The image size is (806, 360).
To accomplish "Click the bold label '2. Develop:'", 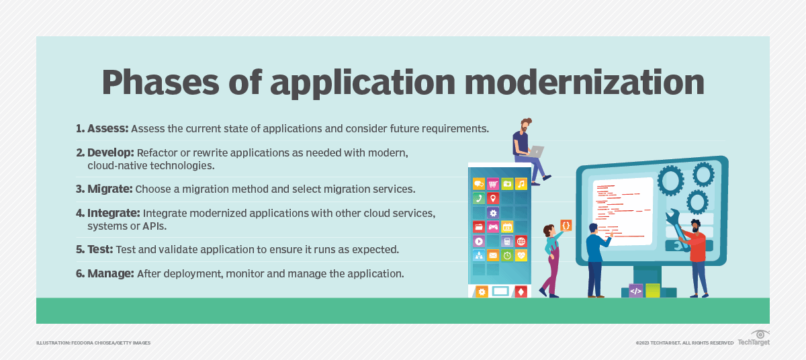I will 105,153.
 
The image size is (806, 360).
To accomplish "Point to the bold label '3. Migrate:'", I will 105,189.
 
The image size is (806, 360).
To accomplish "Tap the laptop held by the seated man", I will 535,151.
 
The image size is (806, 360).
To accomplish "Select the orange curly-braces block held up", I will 566,226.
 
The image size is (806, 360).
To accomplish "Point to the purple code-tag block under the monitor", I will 635,291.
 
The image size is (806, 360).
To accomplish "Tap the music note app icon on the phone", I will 521,183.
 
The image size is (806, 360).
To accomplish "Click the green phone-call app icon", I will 478,198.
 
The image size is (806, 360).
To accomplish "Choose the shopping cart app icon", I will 493,183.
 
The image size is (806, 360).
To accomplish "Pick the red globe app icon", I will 521,241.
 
